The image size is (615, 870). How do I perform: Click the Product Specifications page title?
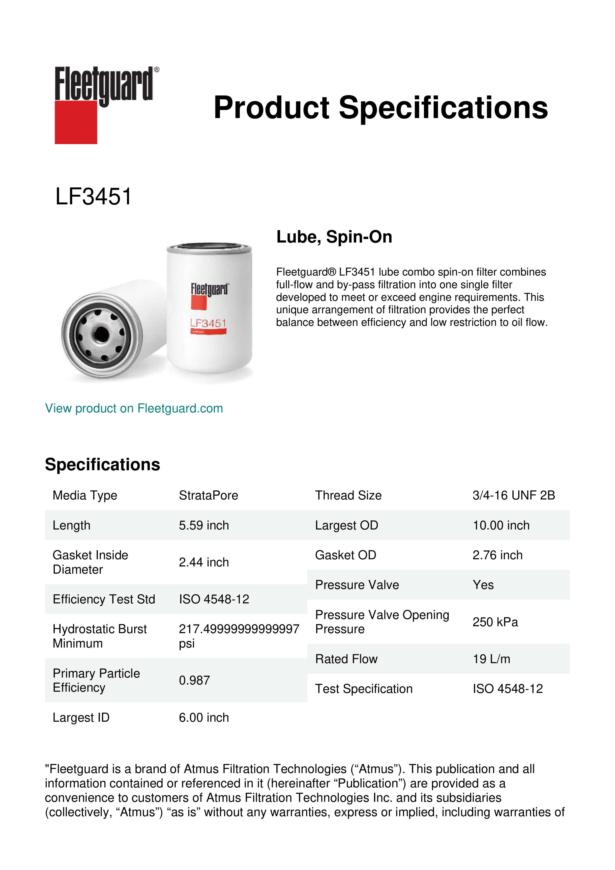pyautogui.click(x=381, y=108)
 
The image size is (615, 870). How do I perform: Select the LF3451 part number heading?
pyautogui.click(x=93, y=197)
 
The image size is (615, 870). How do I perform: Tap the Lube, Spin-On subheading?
pyautogui.click(x=334, y=237)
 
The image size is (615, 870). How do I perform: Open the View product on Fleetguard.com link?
pyautogui.click(x=134, y=408)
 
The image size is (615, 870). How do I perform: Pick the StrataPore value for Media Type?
pyautogui.click(x=208, y=495)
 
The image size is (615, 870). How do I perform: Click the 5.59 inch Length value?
pyautogui.click(x=204, y=525)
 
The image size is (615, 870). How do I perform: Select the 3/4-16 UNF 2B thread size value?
pyautogui.click(x=514, y=495)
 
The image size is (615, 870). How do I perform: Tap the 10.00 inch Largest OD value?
pyautogui.click(x=501, y=525)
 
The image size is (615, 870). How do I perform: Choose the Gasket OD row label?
pyautogui.click(x=345, y=555)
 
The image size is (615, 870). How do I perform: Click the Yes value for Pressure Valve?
pyautogui.click(x=483, y=585)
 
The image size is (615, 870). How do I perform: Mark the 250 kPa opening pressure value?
pyautogui.click(x=495, y=622)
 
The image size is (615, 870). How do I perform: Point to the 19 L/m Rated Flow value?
pyautogui.click(x=491, y=659)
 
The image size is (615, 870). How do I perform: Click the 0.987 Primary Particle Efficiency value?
pyautogui.click(x=194, y=680)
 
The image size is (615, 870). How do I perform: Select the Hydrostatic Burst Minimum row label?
pyautogui.click(x=100, y=636)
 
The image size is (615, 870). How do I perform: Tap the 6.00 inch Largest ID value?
pyautogui.click(x=204, y=717)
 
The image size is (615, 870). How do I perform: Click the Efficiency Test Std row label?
pyautogui.click(x=104, y=599)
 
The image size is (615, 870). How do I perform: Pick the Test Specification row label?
pyautogui.click(x=364, y=688)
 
